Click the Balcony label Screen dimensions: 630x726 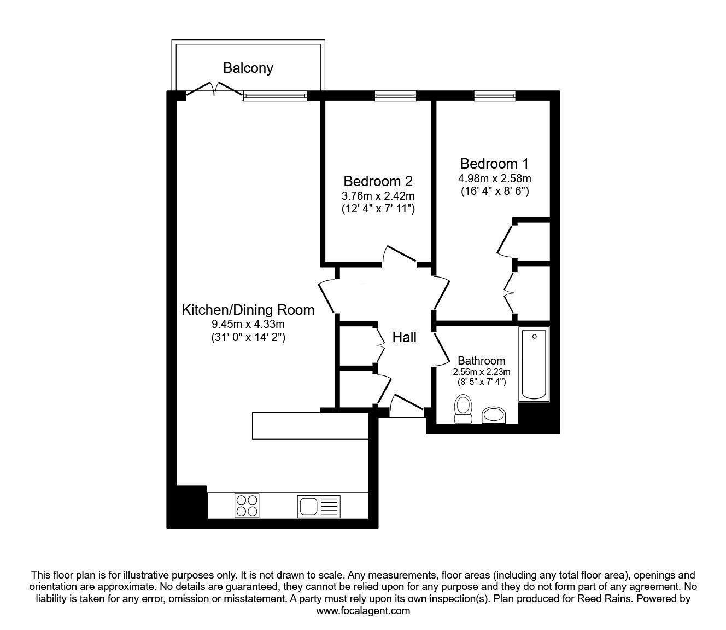pyautogui.click(x=248, y=68)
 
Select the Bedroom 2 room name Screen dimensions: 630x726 pyautogui.click(x=378, y=181)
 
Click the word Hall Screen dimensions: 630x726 pyautogui.click(x=404, y=337)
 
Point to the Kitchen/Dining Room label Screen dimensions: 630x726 pyautogui.click(x=248, y=310)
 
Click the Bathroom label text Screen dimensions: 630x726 pyautogui.click(x=481, y=361)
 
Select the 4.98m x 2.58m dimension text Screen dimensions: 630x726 pyautogui.click(x=495, y=178)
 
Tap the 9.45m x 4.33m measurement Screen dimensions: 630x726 pyautogui.click(x=248, y=325)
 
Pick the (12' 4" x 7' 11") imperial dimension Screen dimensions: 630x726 pyautogui.click(x=378, y=209)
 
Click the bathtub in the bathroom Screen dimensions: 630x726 pyautogui.click(x=534, y=364)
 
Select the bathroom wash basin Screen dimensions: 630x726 pyautogui.click(x=495, y=415)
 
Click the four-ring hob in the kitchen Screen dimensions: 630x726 pyautogui.click(x=246, y=505)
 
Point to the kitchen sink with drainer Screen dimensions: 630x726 pyautogui.click(x=319, y=506)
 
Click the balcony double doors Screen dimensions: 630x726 pyautogui.click(x=215, y=90)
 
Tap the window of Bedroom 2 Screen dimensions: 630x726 pyautogui.click(x=395, y=96)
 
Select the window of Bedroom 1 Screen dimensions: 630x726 pyautogui.click(x=494, y=96)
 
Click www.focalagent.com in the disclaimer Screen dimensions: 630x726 pyautogui.click(x=363, y=611)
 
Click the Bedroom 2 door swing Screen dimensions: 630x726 pyautogui.click(x=402, y=255)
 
